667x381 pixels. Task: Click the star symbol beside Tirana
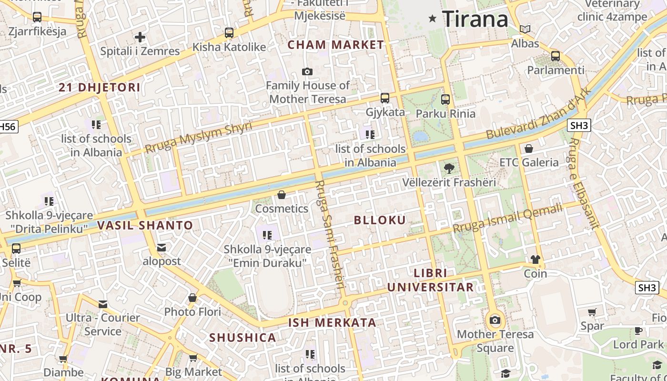coord(433,19)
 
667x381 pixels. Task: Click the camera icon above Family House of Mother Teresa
coord(307,72)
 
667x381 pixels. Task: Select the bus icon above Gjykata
coord(385,98)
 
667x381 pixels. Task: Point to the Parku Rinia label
coord(445,114)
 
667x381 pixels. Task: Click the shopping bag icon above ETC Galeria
coord(529,149)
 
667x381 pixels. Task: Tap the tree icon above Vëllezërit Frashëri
coord(449,168)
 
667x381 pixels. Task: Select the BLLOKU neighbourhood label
coord(380,220)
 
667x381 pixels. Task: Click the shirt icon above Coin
coord(536,260)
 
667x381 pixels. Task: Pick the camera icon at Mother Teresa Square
coord(495,320)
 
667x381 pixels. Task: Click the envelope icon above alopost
coord(162,248)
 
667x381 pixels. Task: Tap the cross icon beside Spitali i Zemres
coord(140,37)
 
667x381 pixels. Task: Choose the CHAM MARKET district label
coord(336,45)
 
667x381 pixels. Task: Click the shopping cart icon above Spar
coord(592,312)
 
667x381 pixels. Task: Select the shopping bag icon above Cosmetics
coord(282,195)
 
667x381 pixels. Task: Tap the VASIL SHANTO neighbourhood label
coord(145,226)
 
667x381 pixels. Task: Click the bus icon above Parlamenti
coord(556,56)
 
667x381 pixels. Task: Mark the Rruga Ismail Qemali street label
coord(508,218)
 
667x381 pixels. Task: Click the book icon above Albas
coord(525,30)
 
